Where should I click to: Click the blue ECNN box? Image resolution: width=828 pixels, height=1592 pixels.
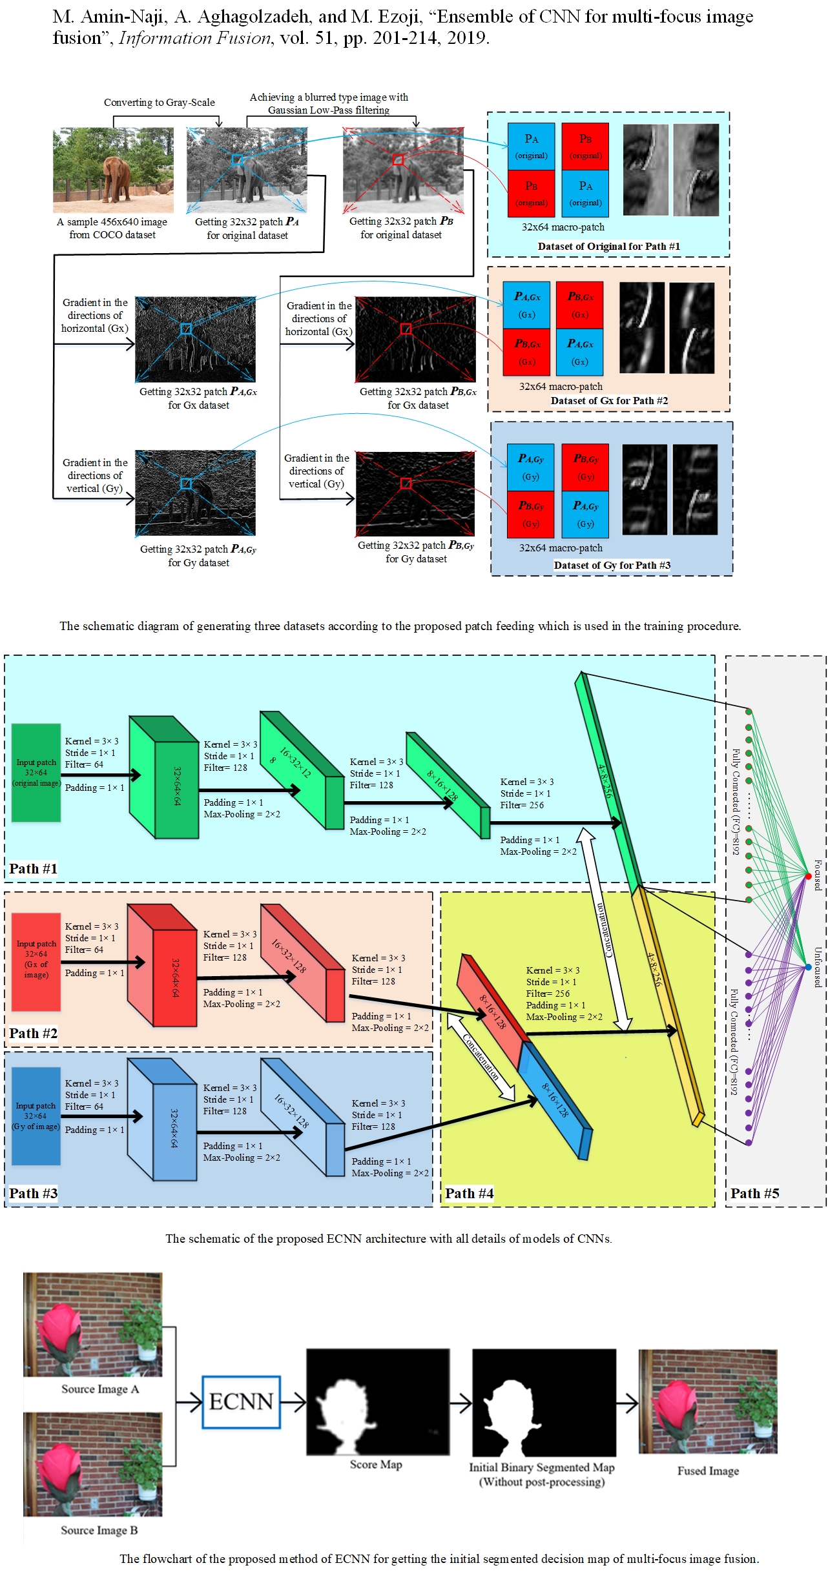point(241,1402)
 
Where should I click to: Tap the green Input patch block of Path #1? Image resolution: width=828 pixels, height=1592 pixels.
point(36,772)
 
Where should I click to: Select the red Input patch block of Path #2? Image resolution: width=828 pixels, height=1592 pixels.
point(36,961)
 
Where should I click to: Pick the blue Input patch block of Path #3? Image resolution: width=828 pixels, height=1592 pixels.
point(36,1116)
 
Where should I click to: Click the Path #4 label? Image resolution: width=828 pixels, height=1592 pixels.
point(469,1194)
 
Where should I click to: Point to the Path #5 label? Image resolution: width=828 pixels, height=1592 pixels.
point(754,1194)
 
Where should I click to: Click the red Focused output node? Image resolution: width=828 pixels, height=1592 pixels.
point(808,876)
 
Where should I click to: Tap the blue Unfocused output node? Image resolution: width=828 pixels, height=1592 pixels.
point(808,967)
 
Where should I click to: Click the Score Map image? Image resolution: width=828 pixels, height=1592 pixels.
point(378,1402)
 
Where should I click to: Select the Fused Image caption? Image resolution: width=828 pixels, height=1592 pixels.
point(708,1471)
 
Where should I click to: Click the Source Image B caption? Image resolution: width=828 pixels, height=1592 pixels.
point(99,1530)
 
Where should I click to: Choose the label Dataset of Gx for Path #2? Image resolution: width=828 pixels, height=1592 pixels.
point(609,400)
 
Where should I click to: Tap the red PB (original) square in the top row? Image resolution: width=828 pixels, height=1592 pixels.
point(585,147)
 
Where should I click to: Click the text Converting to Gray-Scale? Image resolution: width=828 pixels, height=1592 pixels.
point(159,102)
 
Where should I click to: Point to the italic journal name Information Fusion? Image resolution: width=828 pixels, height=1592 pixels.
point(195,38)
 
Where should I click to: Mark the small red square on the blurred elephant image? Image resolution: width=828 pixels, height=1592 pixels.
point(398,159)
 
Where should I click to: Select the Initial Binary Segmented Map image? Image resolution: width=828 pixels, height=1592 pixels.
point(543,1402)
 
